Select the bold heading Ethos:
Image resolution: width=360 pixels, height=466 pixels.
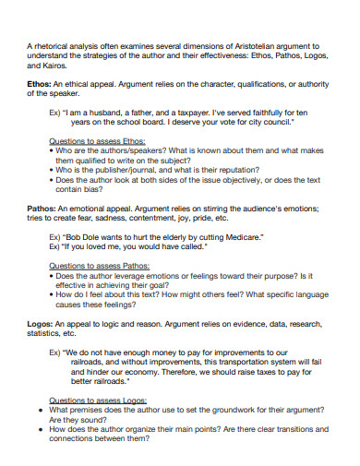coord(42,84)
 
